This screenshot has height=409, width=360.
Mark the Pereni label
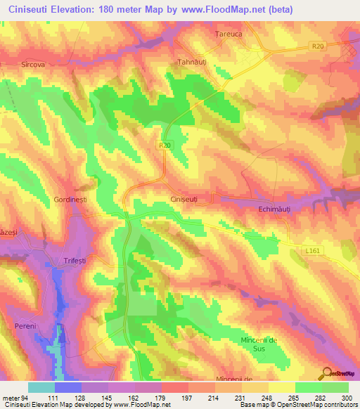[27, 308]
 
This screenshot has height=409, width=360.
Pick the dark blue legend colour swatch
[68, 387]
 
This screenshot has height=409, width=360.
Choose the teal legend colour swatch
[41, 387]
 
